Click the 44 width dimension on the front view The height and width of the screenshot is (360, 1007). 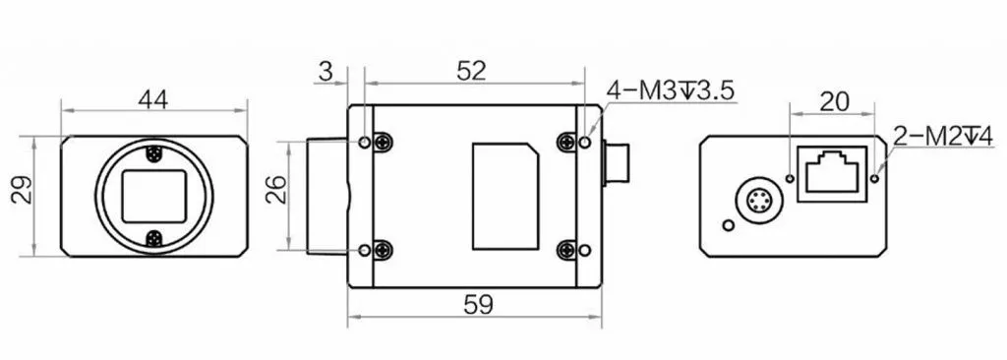[x=152, y=99]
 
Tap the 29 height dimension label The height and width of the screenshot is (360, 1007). [x=24, y=190]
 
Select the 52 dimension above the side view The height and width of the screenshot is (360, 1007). [x=471, y=71]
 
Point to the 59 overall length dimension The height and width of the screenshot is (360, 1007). [x=479, y=305]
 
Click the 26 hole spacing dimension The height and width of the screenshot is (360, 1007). [x=276, y=190]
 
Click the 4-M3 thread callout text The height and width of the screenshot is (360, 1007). [x=670, y=90]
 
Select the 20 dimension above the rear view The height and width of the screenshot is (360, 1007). [x=835, y=101]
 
